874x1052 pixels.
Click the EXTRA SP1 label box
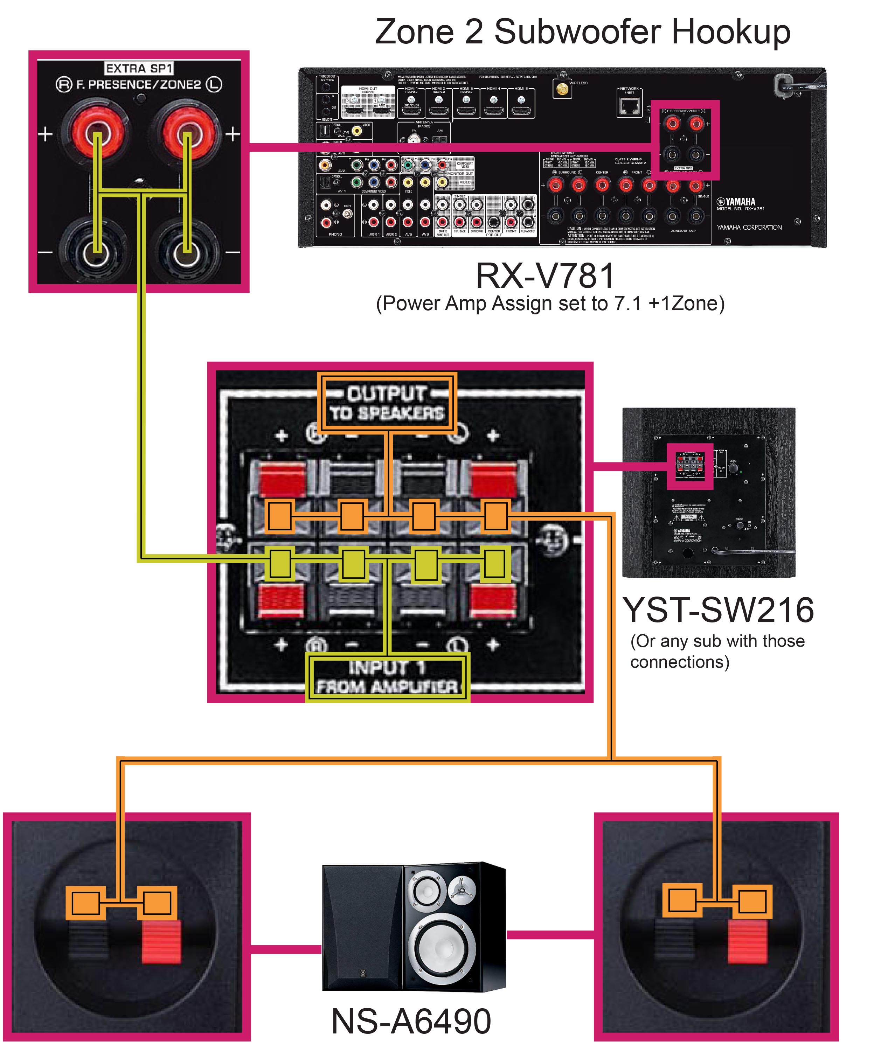click(139, 68)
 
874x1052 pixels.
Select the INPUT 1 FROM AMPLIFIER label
click(387, 677)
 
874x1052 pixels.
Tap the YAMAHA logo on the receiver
click(737, 201)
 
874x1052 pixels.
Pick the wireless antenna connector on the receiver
click(562, 90)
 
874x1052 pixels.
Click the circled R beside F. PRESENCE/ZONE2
click(64, 85)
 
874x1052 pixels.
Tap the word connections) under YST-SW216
click(680, 662)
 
